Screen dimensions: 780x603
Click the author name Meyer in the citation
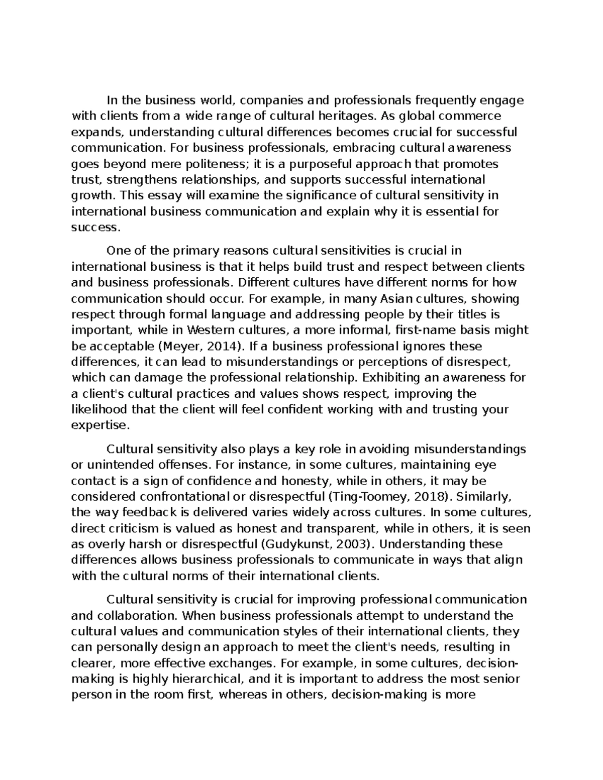pos(176,346)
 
